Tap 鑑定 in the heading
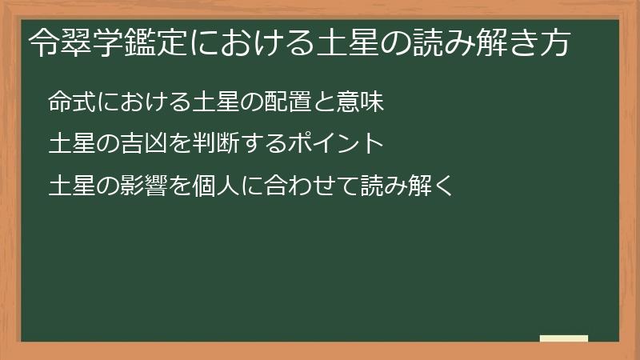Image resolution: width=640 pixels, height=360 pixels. point(156,45)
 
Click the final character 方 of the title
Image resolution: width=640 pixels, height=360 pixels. point(554,45)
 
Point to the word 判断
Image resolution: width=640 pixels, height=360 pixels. point(216,145)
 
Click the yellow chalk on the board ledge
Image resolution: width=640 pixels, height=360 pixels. point(563,338)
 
